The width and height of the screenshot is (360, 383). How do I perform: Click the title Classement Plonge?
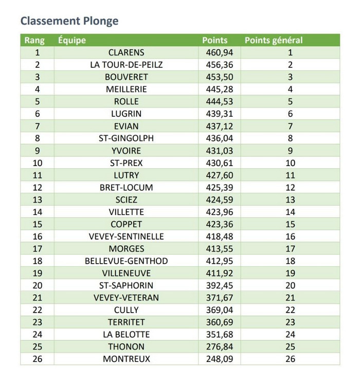coord(69,21)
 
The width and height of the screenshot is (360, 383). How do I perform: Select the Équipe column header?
coord(72,40)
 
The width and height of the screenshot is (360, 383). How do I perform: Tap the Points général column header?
coord(273,40)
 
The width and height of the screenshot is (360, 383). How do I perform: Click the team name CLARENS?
coord(127,52)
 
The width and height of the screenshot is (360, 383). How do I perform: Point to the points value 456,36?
coord(215,65)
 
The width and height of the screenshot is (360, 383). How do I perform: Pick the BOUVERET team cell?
coord(127,77)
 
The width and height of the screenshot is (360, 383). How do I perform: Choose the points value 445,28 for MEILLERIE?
coord(215,89)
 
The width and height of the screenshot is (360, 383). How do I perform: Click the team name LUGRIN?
coord(127,114)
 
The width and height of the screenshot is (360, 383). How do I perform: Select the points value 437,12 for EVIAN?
coord(215,126)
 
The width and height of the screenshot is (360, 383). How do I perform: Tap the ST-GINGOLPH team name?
coord(127,138)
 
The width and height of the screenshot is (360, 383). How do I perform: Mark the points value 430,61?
coord(215,163)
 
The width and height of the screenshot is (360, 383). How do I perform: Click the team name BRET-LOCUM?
coord(127,188)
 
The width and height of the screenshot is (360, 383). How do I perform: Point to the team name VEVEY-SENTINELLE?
coord(127,236)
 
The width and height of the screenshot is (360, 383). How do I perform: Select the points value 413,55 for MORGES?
coord(215,249)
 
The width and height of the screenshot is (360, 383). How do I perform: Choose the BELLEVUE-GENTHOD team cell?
coord(127,261)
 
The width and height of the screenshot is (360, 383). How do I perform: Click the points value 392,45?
coord(215,285)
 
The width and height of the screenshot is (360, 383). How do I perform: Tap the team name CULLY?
coord(127,310)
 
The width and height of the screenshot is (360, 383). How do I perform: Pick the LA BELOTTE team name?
coord(127,335)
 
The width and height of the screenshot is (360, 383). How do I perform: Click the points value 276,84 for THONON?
coord(215,347)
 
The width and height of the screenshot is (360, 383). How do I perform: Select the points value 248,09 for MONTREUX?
coord(215,359)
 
